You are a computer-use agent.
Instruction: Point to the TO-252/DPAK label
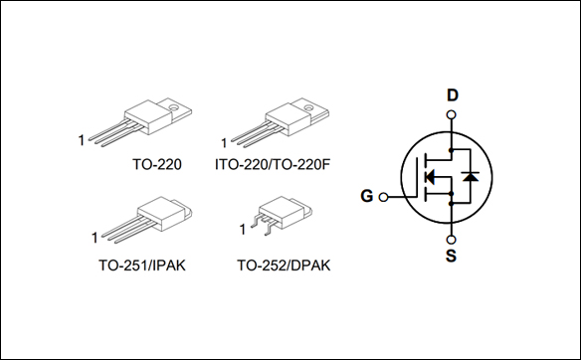coord(284,266)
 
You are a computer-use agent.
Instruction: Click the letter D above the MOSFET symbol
coord(453,96)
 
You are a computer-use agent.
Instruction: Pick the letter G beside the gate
coord(367,196)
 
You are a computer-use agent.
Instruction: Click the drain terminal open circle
coord(453,115)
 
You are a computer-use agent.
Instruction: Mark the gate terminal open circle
coord(383,196)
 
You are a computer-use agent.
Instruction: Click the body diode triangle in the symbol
coord(471,177)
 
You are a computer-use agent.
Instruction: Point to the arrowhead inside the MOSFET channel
coord(430,177)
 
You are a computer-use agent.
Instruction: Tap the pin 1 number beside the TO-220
coord(81,141)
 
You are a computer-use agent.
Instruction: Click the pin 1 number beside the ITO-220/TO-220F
coord(225,141)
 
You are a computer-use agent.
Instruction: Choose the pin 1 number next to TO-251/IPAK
coord(94,237)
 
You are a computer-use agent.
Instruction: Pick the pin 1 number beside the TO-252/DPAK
coord(241,232)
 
